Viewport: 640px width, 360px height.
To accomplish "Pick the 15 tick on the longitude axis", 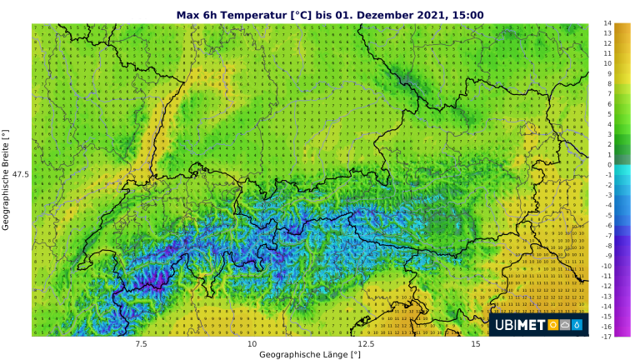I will click(x=475, y=343).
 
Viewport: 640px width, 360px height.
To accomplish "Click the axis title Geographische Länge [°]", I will click(x=309, y=354).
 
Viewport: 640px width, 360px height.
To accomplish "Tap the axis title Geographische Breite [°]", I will click(x=6, y=180).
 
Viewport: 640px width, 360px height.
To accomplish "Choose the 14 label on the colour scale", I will click(x=608, y=23).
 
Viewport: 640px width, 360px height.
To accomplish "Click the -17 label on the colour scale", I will click(x=607, y=337).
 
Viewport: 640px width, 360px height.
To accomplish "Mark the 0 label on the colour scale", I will click(x=608, y=165).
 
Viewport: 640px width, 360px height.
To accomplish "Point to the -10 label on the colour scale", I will click(x=607, y=266).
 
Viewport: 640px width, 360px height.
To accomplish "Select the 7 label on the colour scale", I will click(x=608, y=94).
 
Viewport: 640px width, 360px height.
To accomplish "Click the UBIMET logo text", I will click(x=518, y=325).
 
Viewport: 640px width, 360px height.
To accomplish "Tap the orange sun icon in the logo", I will click(x=552, y=325).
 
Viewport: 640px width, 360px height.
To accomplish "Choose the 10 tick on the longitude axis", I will click(x=252, y=343).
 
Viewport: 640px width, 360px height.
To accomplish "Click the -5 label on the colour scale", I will click(x=607, y=215).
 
